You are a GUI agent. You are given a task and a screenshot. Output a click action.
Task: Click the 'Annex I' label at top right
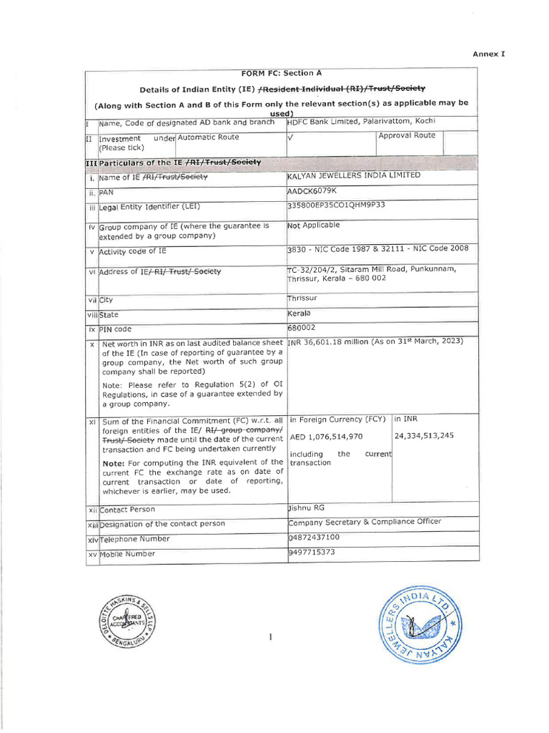pyautogui.click(x=488, y=54)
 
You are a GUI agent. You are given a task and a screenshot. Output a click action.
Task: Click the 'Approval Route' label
pyautogui.click(x=406, y=135)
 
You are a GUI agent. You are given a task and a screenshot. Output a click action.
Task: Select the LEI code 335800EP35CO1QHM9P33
pyautogui.click(x=335, y=205)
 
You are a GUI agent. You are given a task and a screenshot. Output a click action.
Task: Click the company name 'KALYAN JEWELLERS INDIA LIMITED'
pyautogui.click(x=354, y=175)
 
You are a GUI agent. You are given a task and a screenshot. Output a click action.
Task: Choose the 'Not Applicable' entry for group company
pyautogui.click(x=313, y=225)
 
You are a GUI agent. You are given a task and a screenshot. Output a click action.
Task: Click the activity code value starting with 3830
pyautogui.click(x=377, y=248)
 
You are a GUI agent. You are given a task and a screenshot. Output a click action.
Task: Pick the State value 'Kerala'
pyautogui.click(x=300, y=313)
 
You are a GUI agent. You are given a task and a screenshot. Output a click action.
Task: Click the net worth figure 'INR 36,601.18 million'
pyautogui.click(x=328, y=341)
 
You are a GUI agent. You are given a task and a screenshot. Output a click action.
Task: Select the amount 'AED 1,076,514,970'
pyautogui.click(x=326, y=436)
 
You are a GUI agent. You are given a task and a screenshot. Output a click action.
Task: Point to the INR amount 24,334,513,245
pyautogui.click(x=424, y=436)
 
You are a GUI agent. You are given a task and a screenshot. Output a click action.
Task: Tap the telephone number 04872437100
pyautogui.click(x=315, y=537)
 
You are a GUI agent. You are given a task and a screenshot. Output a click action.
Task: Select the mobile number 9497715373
pyautogui.click(x=312, y=552)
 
